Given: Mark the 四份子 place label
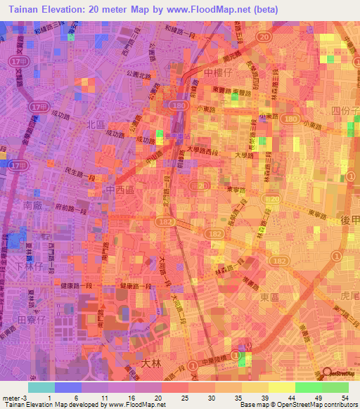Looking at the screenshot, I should coord(345,111).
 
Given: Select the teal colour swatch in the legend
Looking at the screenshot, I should coord(41,387).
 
